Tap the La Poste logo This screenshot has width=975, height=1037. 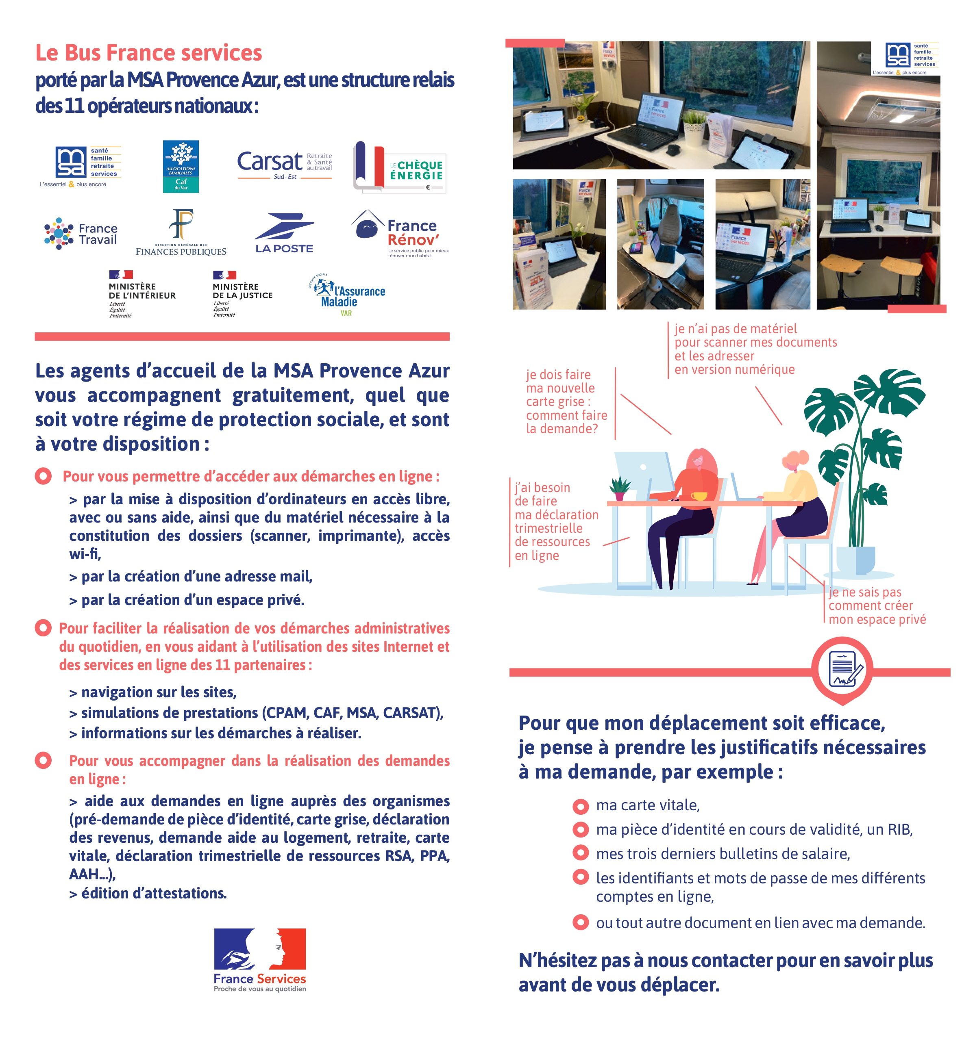pos(285,233)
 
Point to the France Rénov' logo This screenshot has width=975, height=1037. pos(400,233)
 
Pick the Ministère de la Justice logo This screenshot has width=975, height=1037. pos(242,294)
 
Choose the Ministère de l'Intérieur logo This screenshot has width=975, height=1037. pos(141,294)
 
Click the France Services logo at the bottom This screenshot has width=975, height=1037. pos(260,959)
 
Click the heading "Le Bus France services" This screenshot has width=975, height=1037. pos(149,53)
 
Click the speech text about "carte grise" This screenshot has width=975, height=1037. pos(566,401)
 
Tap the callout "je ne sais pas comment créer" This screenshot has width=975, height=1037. pos(877,605)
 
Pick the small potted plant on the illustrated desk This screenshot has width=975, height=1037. pos(620,489)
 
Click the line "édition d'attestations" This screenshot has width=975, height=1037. pos(149,894)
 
